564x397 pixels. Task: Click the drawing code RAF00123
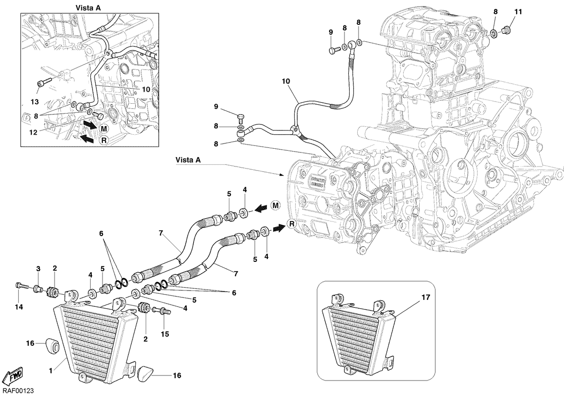pos(18,391)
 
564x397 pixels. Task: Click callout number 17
pos(425,298)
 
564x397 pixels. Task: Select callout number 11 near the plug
pos(518,12)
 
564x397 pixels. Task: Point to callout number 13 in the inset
pos(35,102)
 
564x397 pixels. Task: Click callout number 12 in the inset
pos(33,132)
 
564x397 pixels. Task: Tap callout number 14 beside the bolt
pos(19,307)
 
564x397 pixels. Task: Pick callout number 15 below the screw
pos(165,334)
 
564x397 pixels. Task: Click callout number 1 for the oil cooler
pos(51,371)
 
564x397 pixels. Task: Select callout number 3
pos(38,269)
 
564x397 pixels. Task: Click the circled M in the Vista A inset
pos(104,129)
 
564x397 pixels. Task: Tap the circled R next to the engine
pos(292,224)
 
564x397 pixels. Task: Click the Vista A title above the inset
pos(88,8)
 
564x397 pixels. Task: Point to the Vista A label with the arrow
pos(188,160)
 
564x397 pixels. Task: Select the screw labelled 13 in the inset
pos(44,83)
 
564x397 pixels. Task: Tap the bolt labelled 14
pos(22,286)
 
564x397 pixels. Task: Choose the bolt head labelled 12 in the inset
pos(98,115)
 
